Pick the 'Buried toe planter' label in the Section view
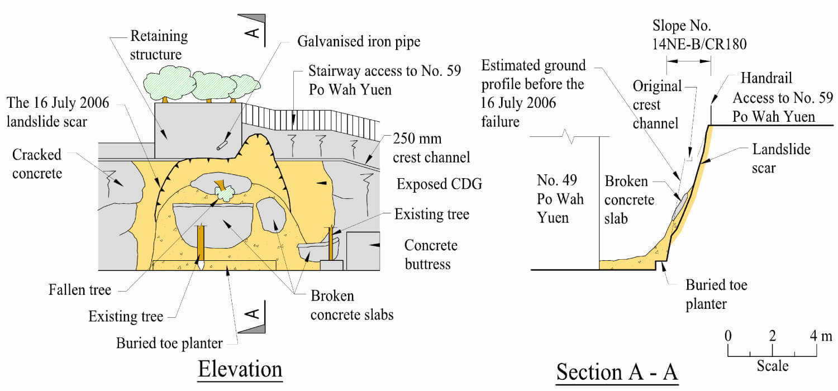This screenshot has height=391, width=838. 716,294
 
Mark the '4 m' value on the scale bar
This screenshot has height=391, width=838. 821,336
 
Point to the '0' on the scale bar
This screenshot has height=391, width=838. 727,336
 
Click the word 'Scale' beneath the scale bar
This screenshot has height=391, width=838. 773,366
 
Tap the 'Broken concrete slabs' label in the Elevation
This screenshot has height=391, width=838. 351,305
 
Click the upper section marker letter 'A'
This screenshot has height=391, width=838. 253,32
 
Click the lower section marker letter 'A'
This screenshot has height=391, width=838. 253,314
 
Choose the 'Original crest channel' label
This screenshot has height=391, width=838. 658,104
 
